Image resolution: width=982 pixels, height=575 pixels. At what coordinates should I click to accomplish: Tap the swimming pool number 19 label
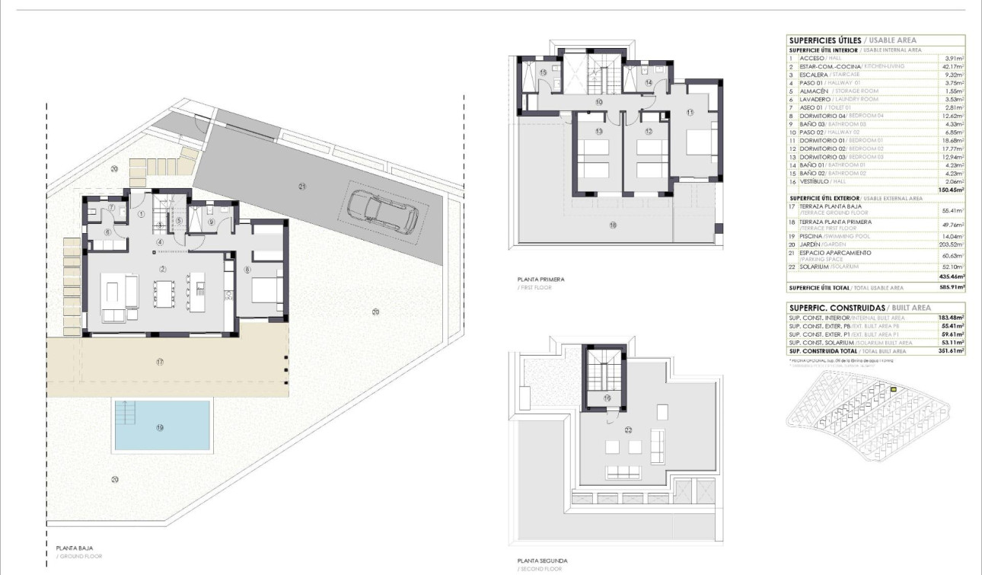point(160,427)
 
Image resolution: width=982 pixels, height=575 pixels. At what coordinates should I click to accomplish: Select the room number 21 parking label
point(302,186)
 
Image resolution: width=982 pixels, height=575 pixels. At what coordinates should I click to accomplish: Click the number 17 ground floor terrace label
point(160,363)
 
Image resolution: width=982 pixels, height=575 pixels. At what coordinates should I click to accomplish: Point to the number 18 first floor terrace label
point(612,225)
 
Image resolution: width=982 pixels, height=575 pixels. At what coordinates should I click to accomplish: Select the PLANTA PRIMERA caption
point(540,280)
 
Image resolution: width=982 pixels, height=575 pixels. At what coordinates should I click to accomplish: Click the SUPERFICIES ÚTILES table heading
point(825,40)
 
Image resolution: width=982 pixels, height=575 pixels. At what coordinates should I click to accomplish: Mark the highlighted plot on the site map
point(894,391)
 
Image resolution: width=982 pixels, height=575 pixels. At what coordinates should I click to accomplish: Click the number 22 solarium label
point(629,430)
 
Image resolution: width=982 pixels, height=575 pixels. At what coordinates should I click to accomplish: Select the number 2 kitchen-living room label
point(162,270)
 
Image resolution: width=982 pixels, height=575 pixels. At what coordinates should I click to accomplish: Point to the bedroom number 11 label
point(690,113)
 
